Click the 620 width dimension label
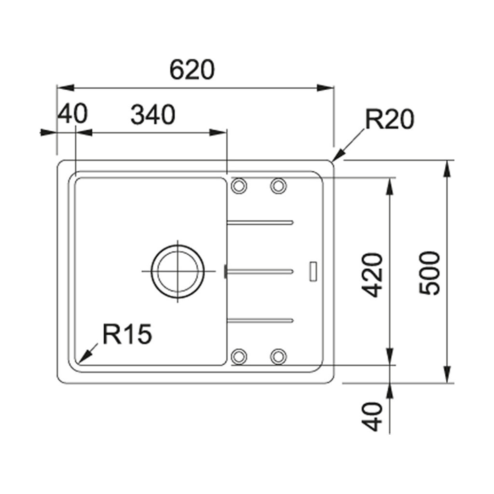pyautogui.click(x=192, y=70)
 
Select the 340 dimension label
pyautogui.click(x=153, y=115)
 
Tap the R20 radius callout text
pyautogui.click(x=389, y=120)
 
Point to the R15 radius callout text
pyautogui.click(x=127, y=334)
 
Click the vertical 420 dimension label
pyautogui.click(x=373, y=274)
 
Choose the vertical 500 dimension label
pyautogui.click(x=429, y=273)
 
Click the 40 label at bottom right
pyautogui.click(x=373, y=417)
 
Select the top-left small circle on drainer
pyautogui.click(x=239, y=185)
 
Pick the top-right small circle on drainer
pyautogui.click(x=278, y=185)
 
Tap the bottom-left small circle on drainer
pyautogui.click(x=239, y=357)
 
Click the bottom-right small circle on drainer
pyautogui.click(x=278, y=357)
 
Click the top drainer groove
pyautogui.click(x=261, y=222)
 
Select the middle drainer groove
pyautogui.click(x=261, y=271)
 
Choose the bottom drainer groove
pyautogui.click(x=261, y=319)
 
